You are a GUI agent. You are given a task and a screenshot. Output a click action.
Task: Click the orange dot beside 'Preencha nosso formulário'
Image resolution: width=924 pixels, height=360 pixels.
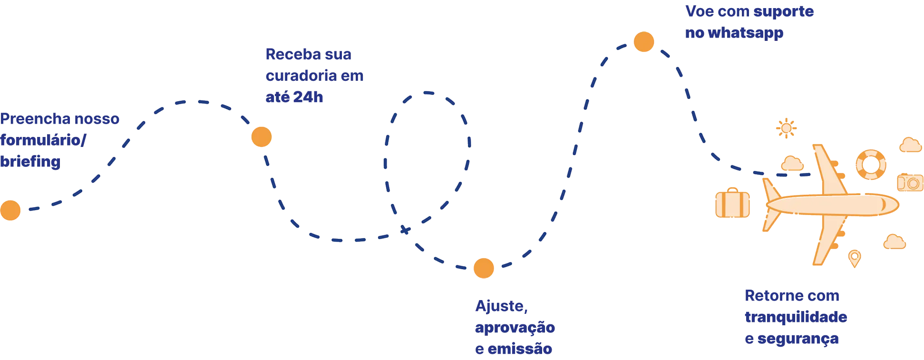[10, 210]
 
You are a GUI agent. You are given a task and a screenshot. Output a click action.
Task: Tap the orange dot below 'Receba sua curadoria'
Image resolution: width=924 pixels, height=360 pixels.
[262, 137]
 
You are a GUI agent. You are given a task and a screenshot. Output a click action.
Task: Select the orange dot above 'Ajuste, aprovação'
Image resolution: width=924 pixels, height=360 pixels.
[483, 267]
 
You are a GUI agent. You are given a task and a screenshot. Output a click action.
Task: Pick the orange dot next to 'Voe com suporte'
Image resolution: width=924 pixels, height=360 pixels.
[643, 42]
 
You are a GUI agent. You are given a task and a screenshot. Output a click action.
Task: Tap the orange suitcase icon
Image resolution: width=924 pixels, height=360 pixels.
[733, 204]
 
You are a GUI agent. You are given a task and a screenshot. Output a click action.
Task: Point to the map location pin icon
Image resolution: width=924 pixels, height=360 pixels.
[855, 258]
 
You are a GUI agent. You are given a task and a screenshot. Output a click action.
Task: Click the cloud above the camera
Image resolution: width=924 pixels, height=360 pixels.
[910, 145]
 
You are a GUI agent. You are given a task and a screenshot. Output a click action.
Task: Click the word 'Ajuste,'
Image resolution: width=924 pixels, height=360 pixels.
[501, 307]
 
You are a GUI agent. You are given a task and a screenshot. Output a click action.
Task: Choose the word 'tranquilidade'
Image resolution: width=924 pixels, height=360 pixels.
[796, 317]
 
